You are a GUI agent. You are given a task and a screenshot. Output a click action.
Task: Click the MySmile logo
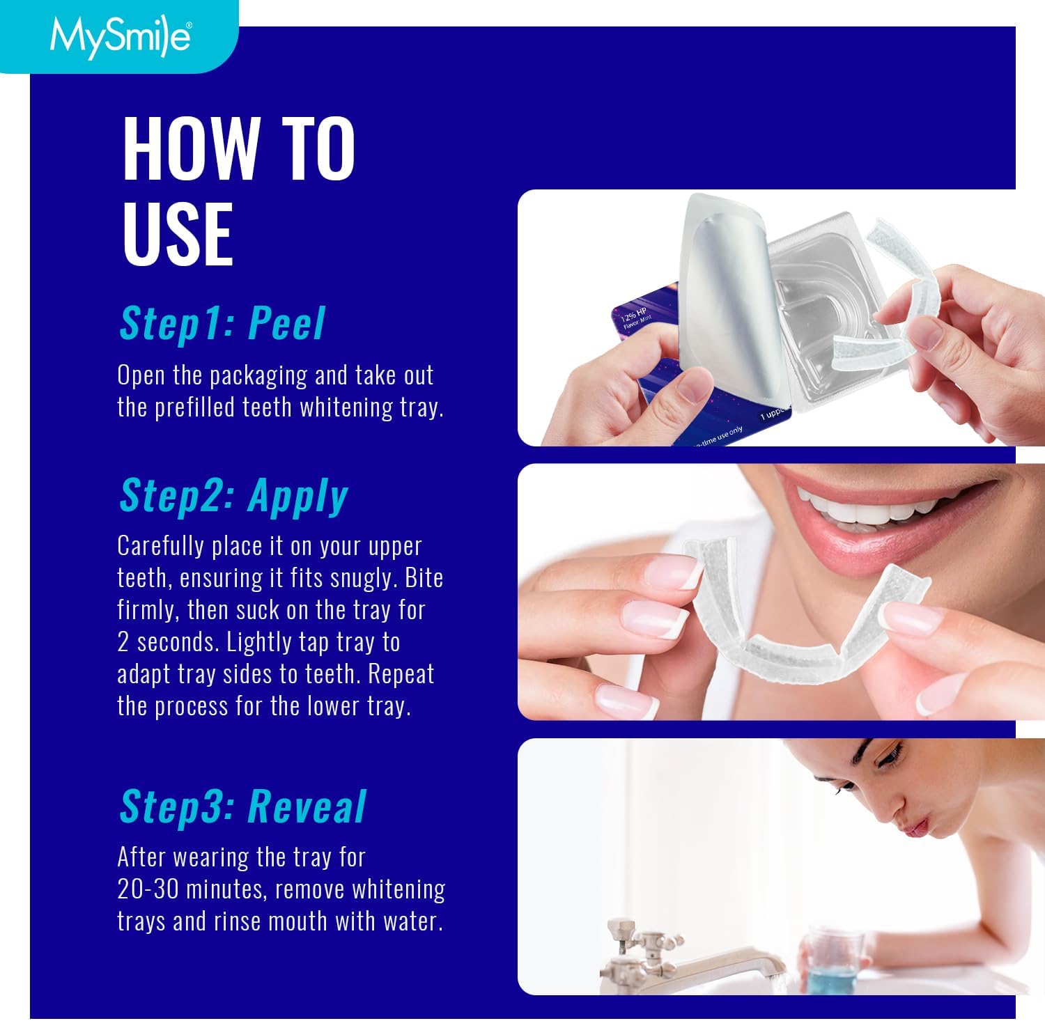coord(120,36)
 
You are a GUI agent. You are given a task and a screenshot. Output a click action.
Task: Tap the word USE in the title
coord(178,233)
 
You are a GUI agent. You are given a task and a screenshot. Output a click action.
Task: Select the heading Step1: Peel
coord(222,323)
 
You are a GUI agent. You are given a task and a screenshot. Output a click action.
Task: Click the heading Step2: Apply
coord(233,495)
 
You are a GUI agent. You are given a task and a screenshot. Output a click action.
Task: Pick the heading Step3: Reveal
coord(242,806)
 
